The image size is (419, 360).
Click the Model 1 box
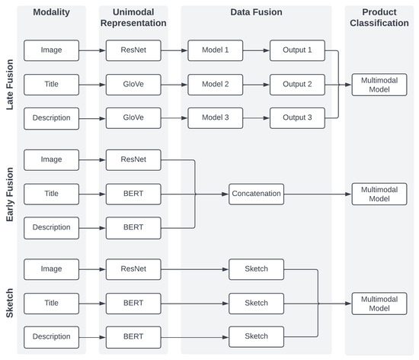point(216,51)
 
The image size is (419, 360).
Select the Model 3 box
point(216,118)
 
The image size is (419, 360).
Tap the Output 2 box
point(297,85)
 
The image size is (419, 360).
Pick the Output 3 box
point(297,118)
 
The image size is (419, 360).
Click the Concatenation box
point(256,194)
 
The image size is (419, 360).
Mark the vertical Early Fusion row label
point(10,194)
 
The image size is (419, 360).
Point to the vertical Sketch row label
point(10,303)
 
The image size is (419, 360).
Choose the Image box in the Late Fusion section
point(51,51)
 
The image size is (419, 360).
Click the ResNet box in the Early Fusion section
point(133,160)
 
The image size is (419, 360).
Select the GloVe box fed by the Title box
point(133,85)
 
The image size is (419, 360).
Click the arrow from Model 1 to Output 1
point(257,51)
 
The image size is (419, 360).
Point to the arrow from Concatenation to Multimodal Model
point(317,194)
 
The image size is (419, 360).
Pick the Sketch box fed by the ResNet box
point(256,269)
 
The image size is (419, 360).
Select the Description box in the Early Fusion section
point(51,227)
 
